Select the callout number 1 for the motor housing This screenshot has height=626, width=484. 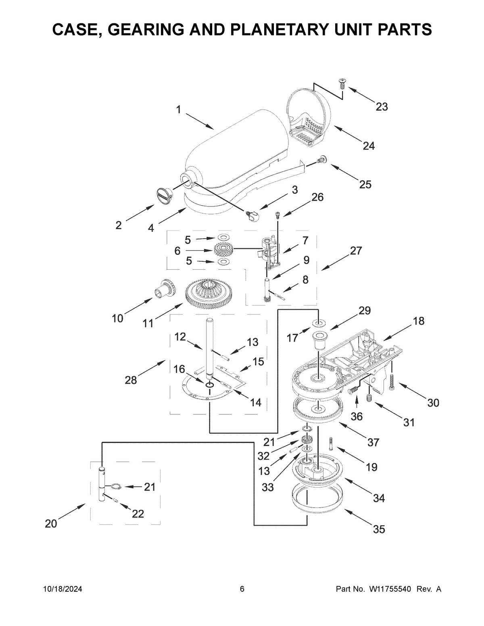(178, 109)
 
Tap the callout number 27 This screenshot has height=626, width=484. (356, 251)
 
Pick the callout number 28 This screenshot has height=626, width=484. (131, 380)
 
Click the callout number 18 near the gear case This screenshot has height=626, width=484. (418, 321)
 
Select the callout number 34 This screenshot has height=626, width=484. (379, 498)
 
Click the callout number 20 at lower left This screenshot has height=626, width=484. (51, 524)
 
